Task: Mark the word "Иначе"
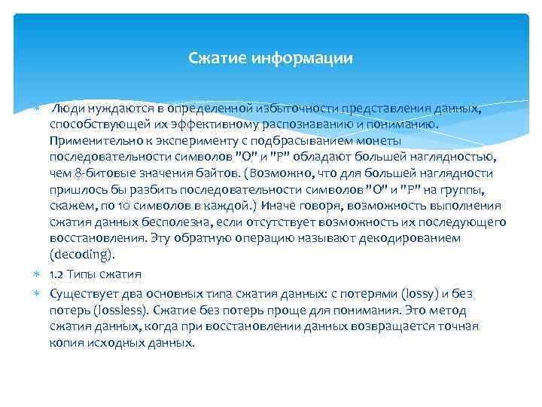pyautogui.click(x=276, y=206)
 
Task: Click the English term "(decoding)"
pyautogui.click(x=82, y=255)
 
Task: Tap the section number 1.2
pyautogui.click(x=56, y=274)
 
